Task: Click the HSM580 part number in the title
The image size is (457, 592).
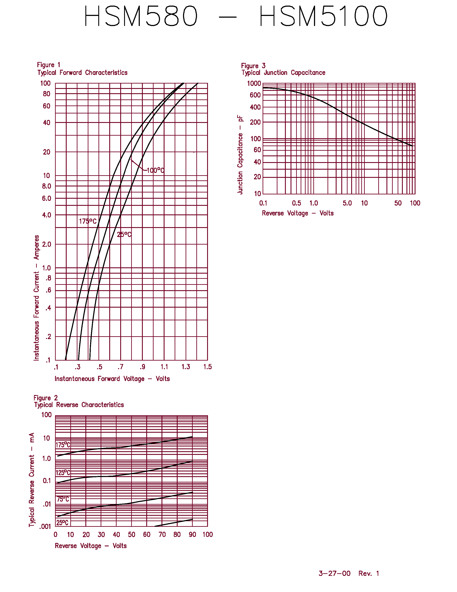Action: tap(141, 16)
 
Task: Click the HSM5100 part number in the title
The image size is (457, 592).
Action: tap(323, 16)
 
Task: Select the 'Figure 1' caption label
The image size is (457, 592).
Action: tap(49, 65)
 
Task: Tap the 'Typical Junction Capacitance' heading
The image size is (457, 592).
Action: tap(283, 73)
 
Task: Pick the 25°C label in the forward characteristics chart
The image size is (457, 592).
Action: tap(124, 234)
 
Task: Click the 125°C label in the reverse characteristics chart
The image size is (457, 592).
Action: tap(63, 473)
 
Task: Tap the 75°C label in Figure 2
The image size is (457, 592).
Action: tap(63, 499)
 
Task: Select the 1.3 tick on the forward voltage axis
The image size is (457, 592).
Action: tap(186, 367)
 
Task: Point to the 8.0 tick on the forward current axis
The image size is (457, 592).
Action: tap(47, 186)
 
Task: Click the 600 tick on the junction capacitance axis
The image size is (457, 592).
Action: tap(255, 95)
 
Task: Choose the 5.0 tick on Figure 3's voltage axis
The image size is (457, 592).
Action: tap(347, 203)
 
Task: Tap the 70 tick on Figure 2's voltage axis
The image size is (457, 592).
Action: tap(162, 535)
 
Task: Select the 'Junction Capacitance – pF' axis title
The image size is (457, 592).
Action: tap(240, 155)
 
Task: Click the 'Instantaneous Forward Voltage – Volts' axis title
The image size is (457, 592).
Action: tap(112, 379)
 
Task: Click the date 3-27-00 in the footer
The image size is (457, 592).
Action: tap(335, 573)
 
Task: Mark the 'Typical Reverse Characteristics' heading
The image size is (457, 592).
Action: tap(79, 405)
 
